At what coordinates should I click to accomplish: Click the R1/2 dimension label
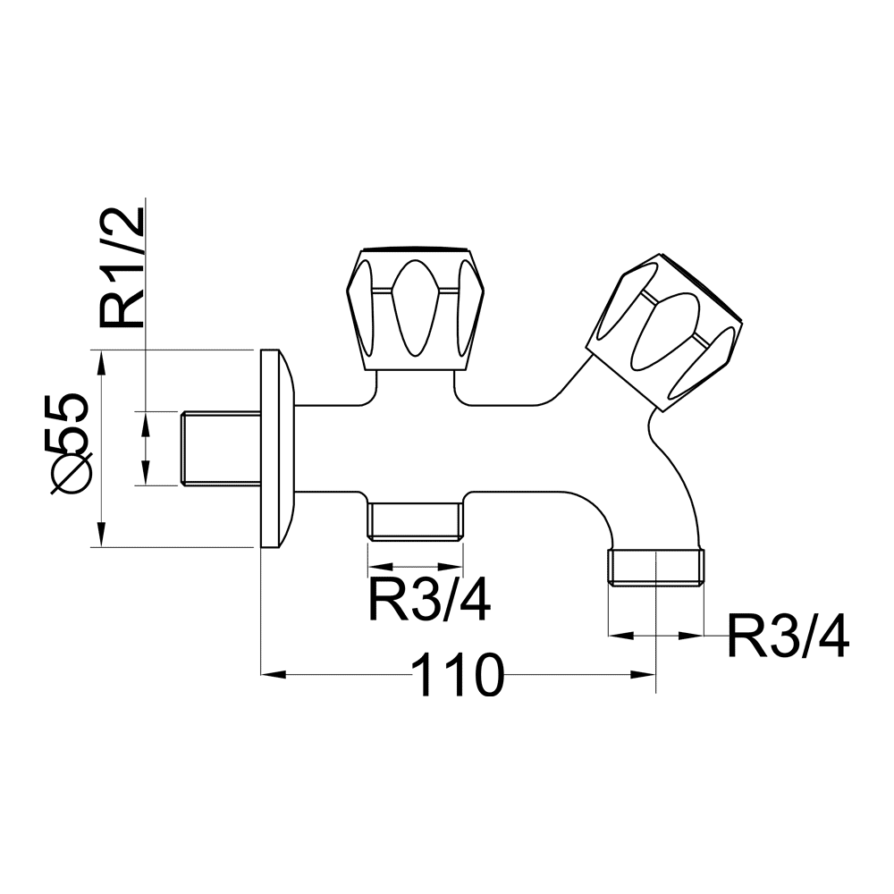(122, 267)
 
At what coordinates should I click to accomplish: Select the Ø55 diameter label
(72, 443)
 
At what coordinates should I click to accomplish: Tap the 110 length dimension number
(457, 676)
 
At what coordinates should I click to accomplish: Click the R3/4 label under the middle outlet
(429, 600)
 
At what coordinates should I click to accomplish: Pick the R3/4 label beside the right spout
(788, 637)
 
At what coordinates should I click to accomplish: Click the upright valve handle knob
(416, 309)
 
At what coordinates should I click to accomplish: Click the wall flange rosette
(278, 449)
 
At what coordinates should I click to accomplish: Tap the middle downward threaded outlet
(415, 521)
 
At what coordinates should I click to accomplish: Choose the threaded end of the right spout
(656, 568)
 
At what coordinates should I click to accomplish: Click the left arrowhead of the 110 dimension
(273, 675)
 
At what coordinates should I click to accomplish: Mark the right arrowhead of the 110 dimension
(643, 675)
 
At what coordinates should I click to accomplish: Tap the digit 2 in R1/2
(122, 223)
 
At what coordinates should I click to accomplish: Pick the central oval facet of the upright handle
(415, 309)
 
